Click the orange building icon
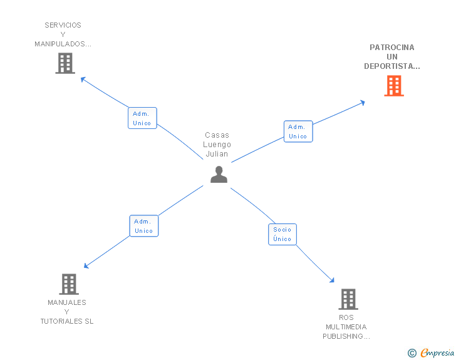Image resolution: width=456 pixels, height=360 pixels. pos(394,86)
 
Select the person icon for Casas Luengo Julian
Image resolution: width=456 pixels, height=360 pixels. pos(219,175)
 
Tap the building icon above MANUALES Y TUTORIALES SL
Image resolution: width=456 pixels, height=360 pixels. pos(69,284)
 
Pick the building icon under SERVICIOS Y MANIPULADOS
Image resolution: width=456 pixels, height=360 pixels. pos(65,63)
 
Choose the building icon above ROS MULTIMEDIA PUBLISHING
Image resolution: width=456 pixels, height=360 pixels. pos(348,299)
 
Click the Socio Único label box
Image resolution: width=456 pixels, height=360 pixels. pos(282,234)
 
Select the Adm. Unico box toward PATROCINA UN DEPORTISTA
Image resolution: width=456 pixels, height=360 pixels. pos(298,131)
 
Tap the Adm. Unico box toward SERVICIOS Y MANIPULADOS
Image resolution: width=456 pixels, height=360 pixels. pos(142,118)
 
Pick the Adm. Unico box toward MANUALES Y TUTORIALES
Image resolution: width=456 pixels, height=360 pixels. pos(143,226)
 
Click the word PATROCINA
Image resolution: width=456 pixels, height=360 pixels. pos(392,48)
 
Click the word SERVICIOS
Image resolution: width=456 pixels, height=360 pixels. pos(63,26)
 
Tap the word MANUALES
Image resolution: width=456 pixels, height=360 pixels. pos(67,302)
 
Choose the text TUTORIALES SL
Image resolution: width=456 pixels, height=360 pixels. pos(67,321)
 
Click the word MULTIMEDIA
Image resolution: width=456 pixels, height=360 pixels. pos(346,327)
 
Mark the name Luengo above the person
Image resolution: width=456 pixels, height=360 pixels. pos(217,145)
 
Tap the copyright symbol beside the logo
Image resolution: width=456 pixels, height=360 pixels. pos(412,353)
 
